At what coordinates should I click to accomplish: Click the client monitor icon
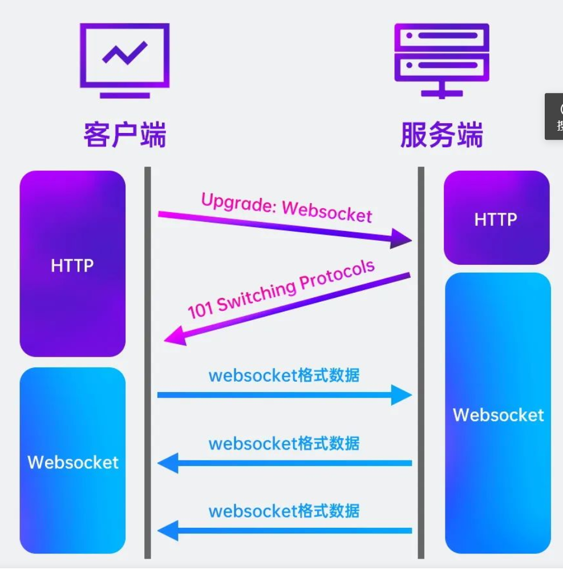[124, 59]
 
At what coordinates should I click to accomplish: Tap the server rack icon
[442, 59]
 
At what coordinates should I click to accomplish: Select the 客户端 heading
[124, 135]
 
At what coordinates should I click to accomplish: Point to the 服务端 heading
[442, 135]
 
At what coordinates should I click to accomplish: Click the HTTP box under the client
[72, 264]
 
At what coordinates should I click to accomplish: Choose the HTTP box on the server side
[496, 218]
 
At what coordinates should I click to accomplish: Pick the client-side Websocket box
[72, 461]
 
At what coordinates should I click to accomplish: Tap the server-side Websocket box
[498, 414]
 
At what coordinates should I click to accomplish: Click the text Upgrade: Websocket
[286, 207]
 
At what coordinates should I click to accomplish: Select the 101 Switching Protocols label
[282, 289]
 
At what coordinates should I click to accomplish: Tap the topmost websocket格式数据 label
[283, 375]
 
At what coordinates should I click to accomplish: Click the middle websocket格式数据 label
[283, 443]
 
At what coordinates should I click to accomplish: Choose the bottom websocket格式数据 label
[283, 511]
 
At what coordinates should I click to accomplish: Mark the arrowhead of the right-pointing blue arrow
[402, 394]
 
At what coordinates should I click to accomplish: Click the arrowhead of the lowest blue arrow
[168, 531]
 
